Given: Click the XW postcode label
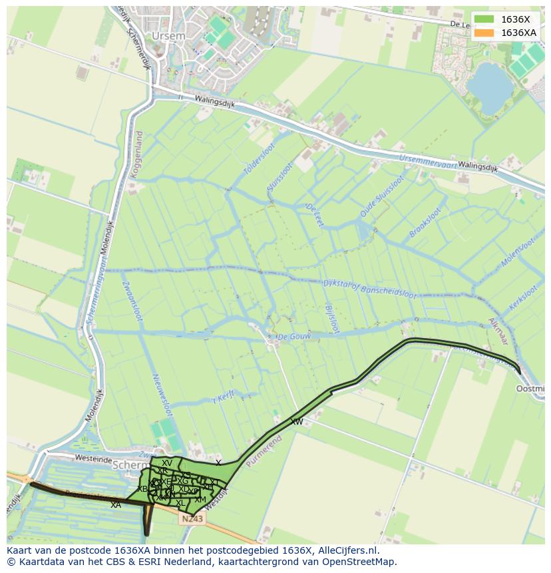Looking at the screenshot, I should [x=296, y=422].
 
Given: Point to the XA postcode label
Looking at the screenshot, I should [x=116, y=505].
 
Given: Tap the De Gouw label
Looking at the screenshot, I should [x=294, y=337].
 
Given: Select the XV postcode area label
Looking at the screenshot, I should [x=167, y=463].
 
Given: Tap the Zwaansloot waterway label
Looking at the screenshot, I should [x=131, y=301].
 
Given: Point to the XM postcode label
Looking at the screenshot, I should [x=200, y=499].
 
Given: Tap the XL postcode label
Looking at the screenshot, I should [x=180, y=502].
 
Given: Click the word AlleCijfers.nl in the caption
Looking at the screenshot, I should [x=347, y=550].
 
